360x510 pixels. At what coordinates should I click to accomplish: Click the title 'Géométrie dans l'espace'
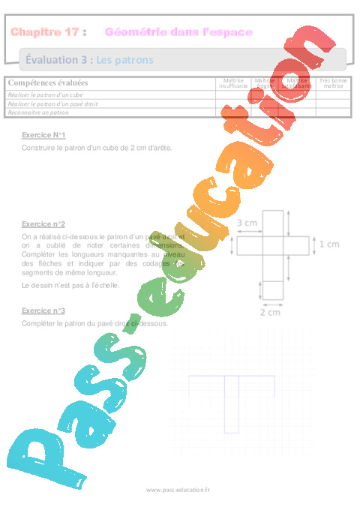pos(178,31)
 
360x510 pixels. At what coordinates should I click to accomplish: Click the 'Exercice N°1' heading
pos(43,134)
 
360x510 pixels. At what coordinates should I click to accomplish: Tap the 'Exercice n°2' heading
pos(43,224)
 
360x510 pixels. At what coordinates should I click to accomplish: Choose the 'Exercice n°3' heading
pos(43,310)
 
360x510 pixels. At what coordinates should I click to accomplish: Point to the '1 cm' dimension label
pos(329,244)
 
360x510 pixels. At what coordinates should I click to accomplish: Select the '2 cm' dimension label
pos(271,313)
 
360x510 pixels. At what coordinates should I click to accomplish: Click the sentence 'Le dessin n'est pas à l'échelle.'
pos(64,285)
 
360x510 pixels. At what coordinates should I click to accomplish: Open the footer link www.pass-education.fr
pos(178,489)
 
